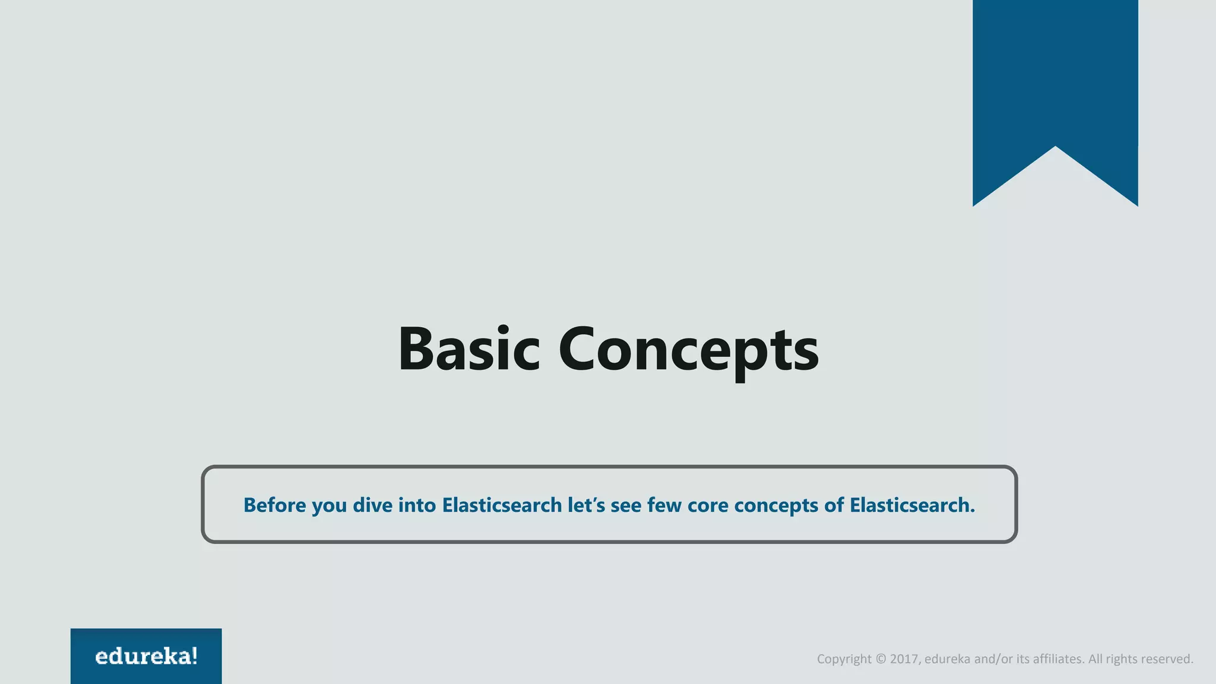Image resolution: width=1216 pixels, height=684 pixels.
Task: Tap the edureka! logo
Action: (x=146, y=656)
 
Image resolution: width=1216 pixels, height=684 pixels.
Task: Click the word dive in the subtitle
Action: (x=372, y=505)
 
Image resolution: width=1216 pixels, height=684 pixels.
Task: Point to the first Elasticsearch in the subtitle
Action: (x=502, y=505)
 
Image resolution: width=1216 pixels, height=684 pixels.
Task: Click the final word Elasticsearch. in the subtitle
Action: (x=912, y=505)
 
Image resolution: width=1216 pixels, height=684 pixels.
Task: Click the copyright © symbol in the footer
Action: (x=881, y=659)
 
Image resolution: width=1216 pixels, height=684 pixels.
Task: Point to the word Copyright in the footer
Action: (x=844, y=659)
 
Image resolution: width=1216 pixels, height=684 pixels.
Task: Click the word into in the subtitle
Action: (x=417, y=505)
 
